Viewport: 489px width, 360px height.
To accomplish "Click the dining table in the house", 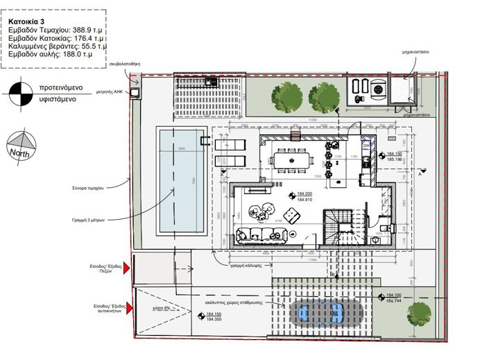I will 292,160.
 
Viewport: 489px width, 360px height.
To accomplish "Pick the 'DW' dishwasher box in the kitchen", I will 366,146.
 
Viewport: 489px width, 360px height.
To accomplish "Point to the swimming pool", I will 179,180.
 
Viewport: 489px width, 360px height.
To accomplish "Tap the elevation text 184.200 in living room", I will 306,194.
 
